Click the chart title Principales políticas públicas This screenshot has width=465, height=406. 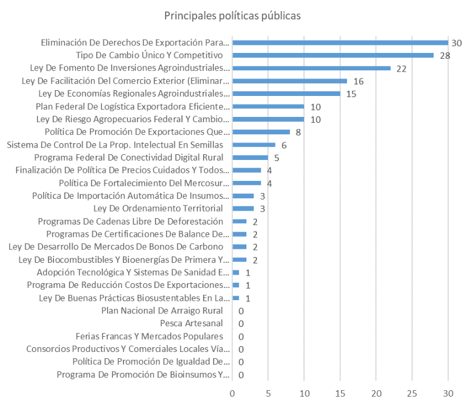click(x=233, y=16)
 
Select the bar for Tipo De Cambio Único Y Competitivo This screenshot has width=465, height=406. click(x=333, y=55)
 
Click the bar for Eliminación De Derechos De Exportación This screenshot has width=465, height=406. click(x=340, y=42)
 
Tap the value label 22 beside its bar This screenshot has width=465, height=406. click(x=401, y=68)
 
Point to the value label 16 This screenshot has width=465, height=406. click(x=358, y=81)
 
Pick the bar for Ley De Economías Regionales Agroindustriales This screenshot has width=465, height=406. click(x=286, y=94)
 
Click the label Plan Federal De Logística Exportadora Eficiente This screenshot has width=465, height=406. click(x=133, y=106)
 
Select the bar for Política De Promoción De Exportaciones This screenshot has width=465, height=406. click(x=261, y=132)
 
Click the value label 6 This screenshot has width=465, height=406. click(x=284, y=145)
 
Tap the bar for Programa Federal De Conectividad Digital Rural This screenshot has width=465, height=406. click(x=250, y=158)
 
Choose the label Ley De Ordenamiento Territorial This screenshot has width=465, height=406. click(x=158, y=208)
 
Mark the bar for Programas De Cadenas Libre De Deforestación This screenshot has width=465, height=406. click(x=239, y=221)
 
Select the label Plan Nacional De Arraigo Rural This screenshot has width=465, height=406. click(x=162, y=311)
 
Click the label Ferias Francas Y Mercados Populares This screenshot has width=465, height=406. click(x=149, y=336)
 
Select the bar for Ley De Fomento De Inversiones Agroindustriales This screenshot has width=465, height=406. click(x=312, y=68)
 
